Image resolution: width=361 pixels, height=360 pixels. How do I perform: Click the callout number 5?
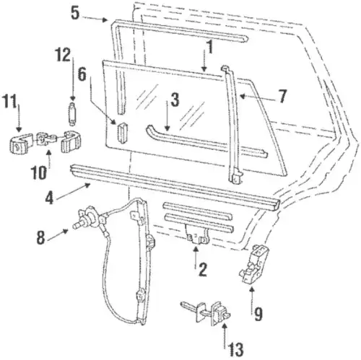tap(75, 13)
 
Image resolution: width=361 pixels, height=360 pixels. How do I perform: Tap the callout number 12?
tap(63, 55)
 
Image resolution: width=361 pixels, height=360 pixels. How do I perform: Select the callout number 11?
tap(9, 102)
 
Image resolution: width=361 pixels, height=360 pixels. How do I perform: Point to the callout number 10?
tap(38, 172)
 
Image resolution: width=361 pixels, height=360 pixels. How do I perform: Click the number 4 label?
tap(50, 198)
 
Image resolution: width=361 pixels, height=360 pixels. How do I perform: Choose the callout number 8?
tap(40, 237)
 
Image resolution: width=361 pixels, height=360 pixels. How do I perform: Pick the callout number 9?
tap(258, 314)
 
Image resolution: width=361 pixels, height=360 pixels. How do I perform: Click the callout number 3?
tap(175, 100)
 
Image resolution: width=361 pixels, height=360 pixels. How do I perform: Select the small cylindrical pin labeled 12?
tap(72, 113)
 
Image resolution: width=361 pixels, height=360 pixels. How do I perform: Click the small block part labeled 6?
tap(122, 133)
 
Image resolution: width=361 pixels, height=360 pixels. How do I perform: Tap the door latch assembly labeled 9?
tap(254, 264)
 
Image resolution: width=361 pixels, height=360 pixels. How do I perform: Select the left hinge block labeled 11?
tap(20, 142)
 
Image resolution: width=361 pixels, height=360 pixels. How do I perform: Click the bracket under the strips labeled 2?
tap(196, 236)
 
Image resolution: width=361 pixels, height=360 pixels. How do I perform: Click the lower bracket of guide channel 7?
tap(235, 176)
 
